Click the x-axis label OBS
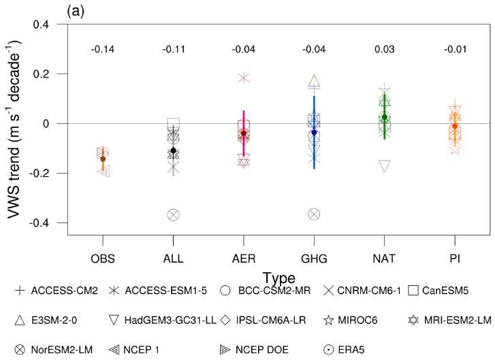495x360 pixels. (102, 259)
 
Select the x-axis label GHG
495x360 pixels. (313, 259)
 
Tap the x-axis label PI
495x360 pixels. (454, 259)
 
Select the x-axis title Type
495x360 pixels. (278, 278)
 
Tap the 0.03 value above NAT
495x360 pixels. (384, 50)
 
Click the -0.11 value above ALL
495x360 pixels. (173, 50)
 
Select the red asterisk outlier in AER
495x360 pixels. (244, 78)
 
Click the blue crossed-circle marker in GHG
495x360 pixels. (314, 214)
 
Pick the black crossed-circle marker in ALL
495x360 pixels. (173, 215)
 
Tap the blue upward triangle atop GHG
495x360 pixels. (314, 82)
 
